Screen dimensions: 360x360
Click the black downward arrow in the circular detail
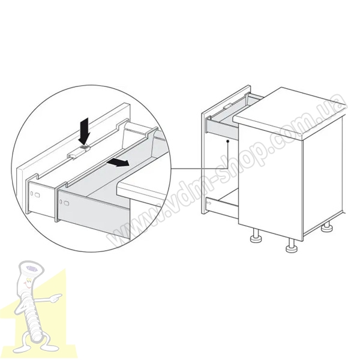[x=84, y=131]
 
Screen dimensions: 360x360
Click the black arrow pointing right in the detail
[x=118, y=163]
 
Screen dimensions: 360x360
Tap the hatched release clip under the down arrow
[x=84, y=148]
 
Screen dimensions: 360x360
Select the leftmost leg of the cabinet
[x=256, y=236]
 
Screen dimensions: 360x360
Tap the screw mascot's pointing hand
[x=56, y=298]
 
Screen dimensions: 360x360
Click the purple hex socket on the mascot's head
[x=31, y=268]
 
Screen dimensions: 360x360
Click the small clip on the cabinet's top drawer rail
[x=227, y=106]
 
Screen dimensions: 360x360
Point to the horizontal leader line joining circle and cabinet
[x=199, y=168]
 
